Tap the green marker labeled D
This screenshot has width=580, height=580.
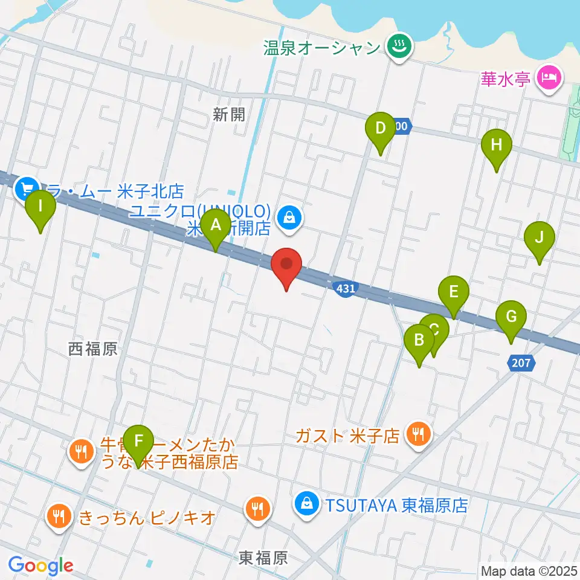[380, 129]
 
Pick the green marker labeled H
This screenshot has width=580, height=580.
[496, 146]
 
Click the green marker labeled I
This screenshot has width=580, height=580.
[40, 207]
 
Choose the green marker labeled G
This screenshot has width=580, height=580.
[511, 317]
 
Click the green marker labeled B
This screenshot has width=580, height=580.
[419, 341]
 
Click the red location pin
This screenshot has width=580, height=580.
[287, 265]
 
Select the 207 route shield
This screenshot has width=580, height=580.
[520, 363]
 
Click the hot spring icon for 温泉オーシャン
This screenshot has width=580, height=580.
[399, 46]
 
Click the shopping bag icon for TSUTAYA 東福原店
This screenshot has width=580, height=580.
[308, 503]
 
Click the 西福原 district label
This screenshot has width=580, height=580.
[92, 349]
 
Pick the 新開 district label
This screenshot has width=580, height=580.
[229, 115]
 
